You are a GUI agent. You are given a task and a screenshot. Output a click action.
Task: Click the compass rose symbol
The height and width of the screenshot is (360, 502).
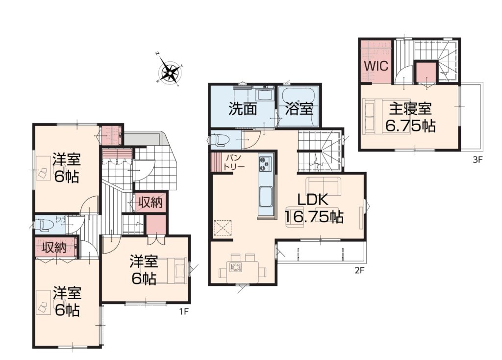169,71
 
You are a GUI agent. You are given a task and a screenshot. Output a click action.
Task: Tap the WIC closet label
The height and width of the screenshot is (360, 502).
376,66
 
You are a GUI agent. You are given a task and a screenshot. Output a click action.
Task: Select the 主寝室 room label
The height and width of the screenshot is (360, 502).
410,108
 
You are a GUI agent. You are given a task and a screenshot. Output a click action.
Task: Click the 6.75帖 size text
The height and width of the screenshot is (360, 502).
410,126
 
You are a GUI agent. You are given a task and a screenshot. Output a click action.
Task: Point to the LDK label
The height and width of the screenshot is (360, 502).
313,200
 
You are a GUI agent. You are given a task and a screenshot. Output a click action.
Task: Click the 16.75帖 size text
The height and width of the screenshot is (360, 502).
314,217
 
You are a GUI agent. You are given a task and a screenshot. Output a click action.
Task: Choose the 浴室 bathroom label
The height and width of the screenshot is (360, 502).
299,109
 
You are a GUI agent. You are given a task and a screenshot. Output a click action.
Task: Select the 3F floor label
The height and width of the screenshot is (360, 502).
477,160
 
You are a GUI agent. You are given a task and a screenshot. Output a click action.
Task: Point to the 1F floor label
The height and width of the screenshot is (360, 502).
183,311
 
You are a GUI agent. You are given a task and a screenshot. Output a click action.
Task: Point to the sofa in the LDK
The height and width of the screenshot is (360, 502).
324,186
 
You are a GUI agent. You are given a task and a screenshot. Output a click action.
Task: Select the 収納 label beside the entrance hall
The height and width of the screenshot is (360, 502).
150,203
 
